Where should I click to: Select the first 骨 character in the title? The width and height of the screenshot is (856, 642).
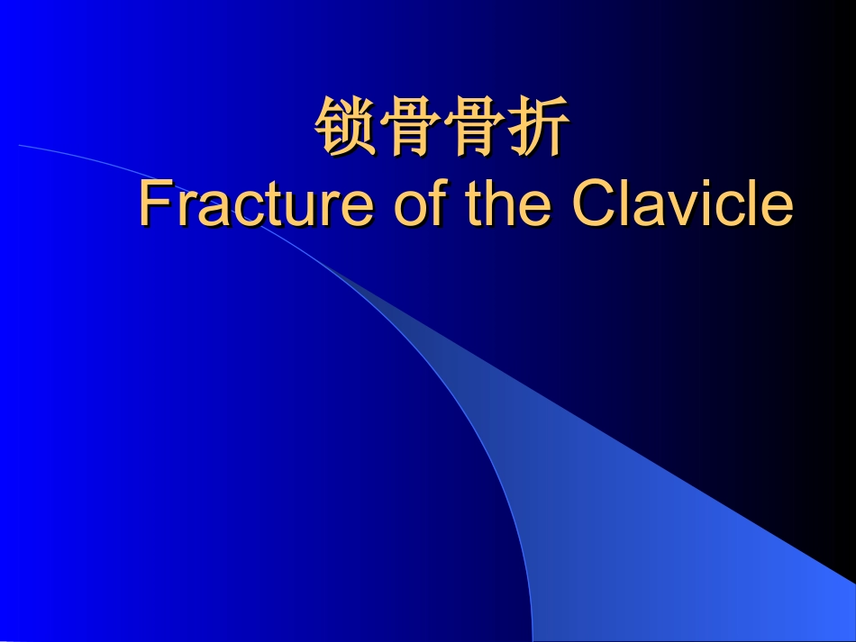pos(410,128)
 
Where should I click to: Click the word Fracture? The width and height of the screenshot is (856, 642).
pos(255,204)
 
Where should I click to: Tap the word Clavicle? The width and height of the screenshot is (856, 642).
pos(683,204)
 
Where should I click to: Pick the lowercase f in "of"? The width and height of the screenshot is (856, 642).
pos(437,204)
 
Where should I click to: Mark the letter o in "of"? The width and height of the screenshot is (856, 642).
pos(411,210)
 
